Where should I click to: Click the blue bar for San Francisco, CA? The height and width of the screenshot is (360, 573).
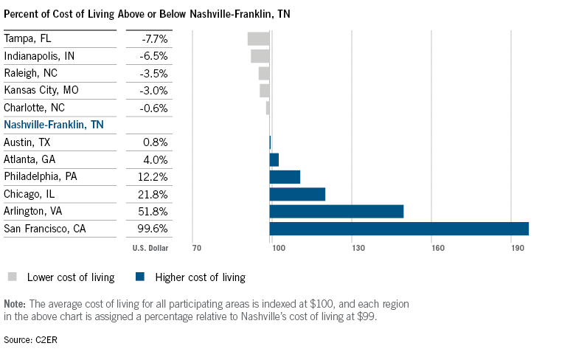point(399,229)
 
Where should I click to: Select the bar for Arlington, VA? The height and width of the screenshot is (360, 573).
point(336,212)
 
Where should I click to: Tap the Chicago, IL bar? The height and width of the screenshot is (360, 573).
point(297,194)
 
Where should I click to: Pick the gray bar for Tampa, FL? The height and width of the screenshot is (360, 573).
point(258,39)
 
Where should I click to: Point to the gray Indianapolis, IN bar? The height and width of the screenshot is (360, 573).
point(260,56)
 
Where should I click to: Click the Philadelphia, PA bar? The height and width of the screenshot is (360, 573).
point(285,177)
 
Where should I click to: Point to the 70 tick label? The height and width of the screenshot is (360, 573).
point(196,249)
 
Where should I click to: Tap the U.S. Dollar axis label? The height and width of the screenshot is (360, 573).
point(150,249)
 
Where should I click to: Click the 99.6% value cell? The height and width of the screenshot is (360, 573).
point(153,229)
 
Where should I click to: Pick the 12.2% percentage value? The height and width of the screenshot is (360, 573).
point(153,177)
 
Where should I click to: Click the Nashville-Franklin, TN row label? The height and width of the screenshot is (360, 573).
point(54,125)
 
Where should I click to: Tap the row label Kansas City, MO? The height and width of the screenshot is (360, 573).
point(41,91)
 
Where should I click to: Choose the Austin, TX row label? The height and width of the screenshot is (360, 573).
point(29,142)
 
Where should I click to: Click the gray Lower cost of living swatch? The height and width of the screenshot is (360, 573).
point(13,277)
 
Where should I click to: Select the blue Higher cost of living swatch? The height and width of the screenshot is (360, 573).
point(139,277)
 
